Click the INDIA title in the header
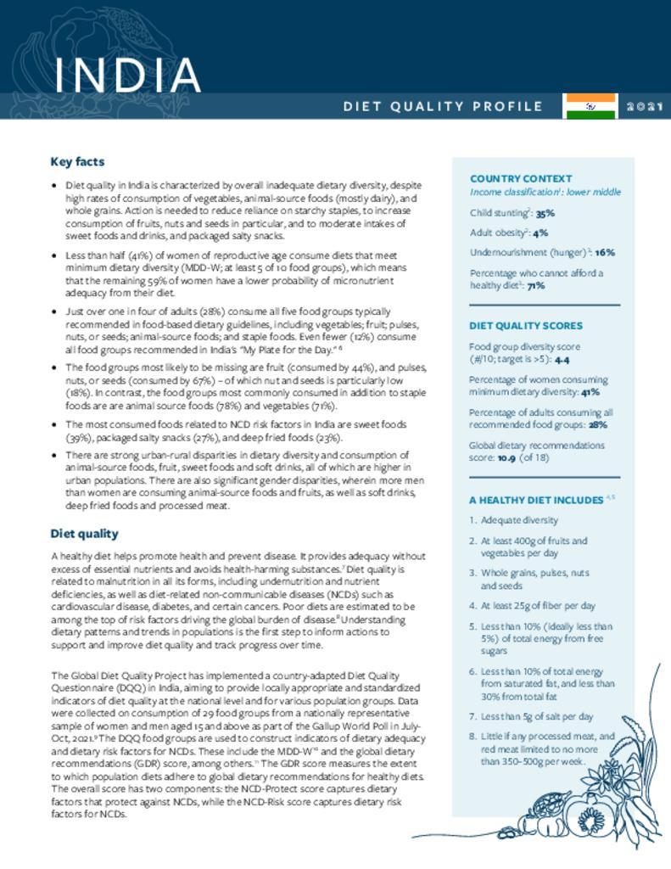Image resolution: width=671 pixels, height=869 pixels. [126, 76]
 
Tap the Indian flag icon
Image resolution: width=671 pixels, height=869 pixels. [591, 106]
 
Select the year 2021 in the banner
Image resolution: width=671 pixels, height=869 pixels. [646, 107]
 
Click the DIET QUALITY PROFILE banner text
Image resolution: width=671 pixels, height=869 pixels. [443, 107]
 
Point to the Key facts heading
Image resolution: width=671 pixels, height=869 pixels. [77, 161]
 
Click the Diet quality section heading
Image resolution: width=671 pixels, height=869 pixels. [84, 534]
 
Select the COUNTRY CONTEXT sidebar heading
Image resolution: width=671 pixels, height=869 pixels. [521, 179]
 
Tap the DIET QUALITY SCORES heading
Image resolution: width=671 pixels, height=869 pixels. [526, 325]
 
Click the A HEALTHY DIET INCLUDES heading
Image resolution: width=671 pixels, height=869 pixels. [536, 500]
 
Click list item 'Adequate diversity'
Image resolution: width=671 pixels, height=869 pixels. [519, 520]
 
